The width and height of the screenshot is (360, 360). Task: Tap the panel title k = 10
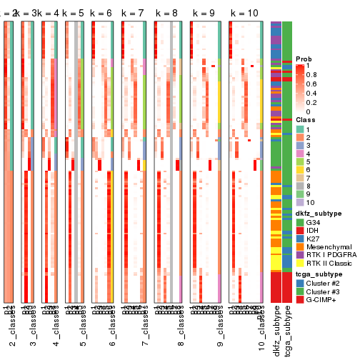[244, 14]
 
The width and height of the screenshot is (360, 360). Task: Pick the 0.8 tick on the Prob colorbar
[314, 74]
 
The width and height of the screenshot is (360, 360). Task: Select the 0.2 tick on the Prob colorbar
[314, 102]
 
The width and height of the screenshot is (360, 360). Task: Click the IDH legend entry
[313, 229]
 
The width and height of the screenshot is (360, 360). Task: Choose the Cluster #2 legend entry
[323, 282]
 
